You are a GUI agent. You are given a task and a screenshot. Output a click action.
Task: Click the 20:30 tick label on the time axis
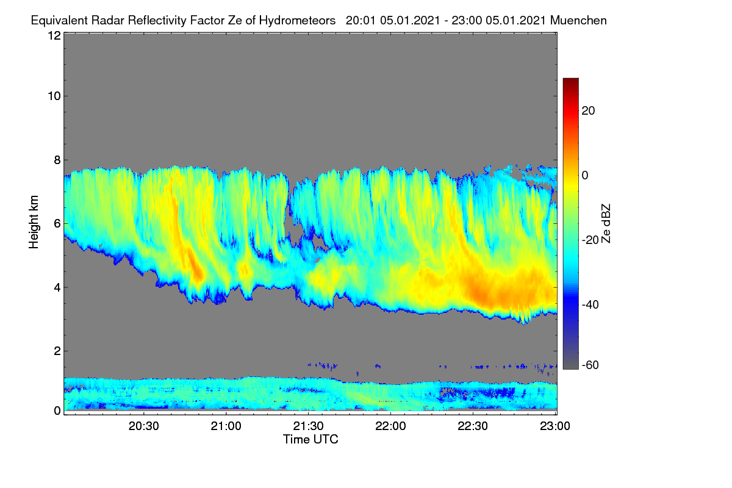pos(143,426)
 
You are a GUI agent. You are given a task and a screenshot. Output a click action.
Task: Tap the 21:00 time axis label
pos(226,426)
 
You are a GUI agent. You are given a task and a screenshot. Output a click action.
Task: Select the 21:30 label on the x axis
pos(308,426)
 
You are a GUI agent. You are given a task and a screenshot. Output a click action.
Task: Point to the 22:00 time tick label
pos(390,426)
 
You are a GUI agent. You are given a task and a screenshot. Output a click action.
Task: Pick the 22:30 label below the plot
pos(473,426)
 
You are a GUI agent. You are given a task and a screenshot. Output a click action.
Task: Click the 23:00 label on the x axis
pos(555,426)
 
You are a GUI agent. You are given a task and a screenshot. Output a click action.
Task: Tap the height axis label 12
pos(54,35)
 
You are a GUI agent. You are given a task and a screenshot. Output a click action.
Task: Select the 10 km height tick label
pos(54,96)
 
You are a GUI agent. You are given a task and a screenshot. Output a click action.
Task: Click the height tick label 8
pos(57,160)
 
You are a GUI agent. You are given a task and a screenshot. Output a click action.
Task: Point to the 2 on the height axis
pos(57,351)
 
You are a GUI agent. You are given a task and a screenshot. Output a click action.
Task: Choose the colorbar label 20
pos(588,111)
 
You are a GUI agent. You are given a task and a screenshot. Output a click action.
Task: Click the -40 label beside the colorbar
pos(590,304)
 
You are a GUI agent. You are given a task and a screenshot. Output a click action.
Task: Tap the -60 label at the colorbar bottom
pos(590,365)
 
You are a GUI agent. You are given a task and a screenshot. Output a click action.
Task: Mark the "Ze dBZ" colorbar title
pos(606,224)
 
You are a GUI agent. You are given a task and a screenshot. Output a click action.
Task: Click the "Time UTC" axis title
pos(310,439)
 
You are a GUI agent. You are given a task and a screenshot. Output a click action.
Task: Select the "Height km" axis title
pos(34,222)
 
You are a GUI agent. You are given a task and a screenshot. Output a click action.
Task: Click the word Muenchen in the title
pos(578,20)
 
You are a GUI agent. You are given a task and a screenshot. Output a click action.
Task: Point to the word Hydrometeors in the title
pos(298,21)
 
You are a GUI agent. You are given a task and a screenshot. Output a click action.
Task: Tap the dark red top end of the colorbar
pos(570,80)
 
